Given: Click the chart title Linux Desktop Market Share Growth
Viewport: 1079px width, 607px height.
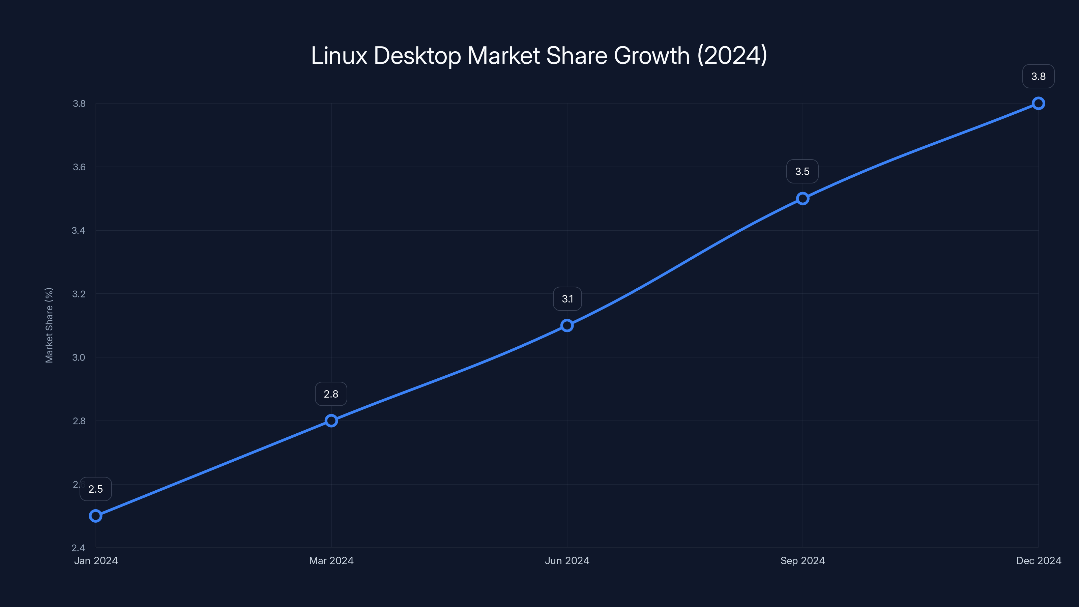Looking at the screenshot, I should (539, 56).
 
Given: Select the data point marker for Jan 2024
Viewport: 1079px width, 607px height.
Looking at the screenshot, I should (95, 516).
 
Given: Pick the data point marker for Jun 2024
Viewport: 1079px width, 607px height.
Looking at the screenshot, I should (567, 325).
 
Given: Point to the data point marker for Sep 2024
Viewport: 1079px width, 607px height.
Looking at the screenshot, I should (803, 199).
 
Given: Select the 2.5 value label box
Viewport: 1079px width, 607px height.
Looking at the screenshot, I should (95, 489).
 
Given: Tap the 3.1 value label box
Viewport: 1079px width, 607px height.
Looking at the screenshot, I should (567, 299).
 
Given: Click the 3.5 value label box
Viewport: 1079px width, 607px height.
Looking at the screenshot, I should (803, 171).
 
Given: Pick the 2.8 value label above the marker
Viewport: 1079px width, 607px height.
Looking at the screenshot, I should (331, 394).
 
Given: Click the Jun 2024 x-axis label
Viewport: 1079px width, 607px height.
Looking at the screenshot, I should (567, 560).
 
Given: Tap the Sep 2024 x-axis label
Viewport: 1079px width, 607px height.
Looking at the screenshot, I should (803, 560).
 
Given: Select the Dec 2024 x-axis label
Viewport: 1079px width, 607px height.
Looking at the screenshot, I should (1039, 560).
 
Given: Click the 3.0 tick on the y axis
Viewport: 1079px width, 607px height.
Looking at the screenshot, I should (79, 357).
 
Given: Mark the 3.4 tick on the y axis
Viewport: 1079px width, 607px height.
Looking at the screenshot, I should (79, 230).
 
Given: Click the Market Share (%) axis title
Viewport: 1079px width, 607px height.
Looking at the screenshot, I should (49, 325).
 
